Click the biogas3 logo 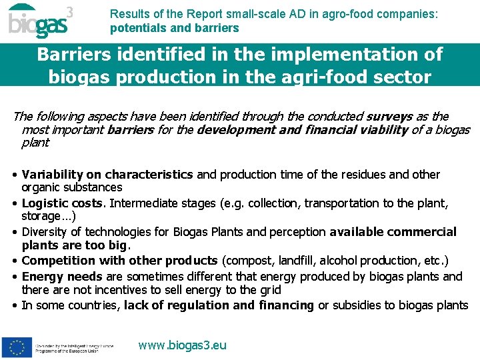coord(40,22)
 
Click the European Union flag coord(17,347)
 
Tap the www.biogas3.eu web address coord(182,345)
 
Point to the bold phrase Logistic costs coord(63,203)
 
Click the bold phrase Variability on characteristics coord(107,175)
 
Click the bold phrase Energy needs coord(62,276)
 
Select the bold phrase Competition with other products coord(119,261)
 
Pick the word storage coord(41,217)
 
